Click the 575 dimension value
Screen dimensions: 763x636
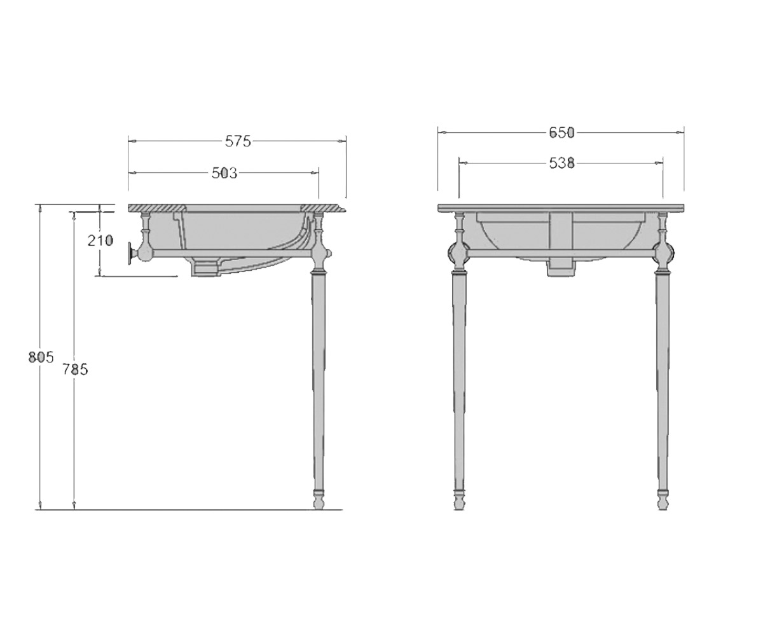point(238,141)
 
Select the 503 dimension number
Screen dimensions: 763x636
point(224,173)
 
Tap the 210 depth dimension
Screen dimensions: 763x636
point(100,240)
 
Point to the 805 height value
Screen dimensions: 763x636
point(41,357)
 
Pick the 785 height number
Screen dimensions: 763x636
point(75,370)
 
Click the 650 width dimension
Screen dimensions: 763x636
point(562,132)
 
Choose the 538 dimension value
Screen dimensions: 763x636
point(562,163)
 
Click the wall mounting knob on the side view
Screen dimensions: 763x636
point(131,253)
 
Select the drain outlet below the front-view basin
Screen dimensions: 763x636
point(561,268)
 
